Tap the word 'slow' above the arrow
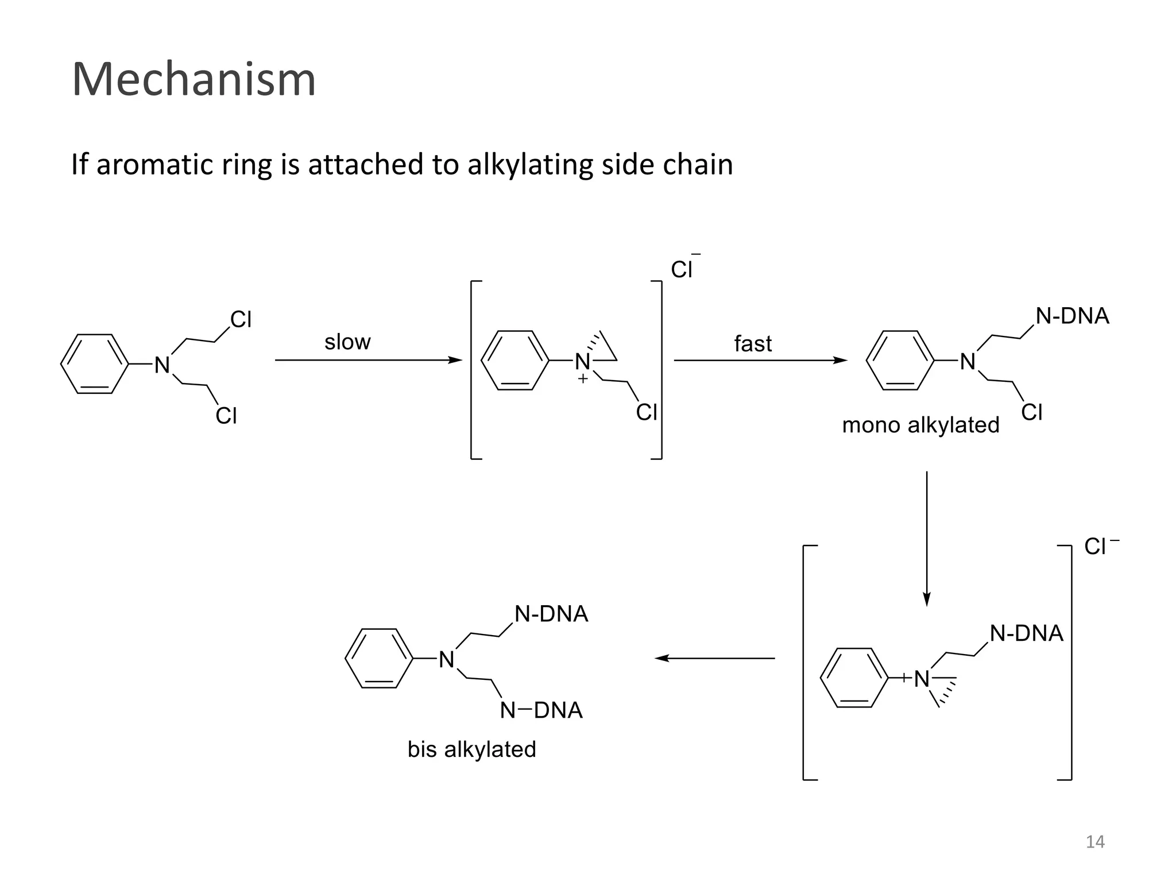tap(347, 342)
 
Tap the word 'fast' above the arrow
tap(753, 344)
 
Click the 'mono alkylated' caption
tap(920, 425)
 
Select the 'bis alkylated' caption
tap(471, 749)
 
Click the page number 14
tap(1095, 842)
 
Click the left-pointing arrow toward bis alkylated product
tap(715, 658)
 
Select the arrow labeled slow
tap(368, 360)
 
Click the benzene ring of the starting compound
tap(94, 364)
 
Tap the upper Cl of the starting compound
tap(241, 320)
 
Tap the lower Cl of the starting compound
tap(226, 416)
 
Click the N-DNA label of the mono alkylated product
tap(1072, 316)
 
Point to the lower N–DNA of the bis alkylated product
tap(541, 710)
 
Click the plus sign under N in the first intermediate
tap(583, 379)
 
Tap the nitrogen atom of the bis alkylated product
tap(447, 660)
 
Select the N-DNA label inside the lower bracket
tap(1026, 633)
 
